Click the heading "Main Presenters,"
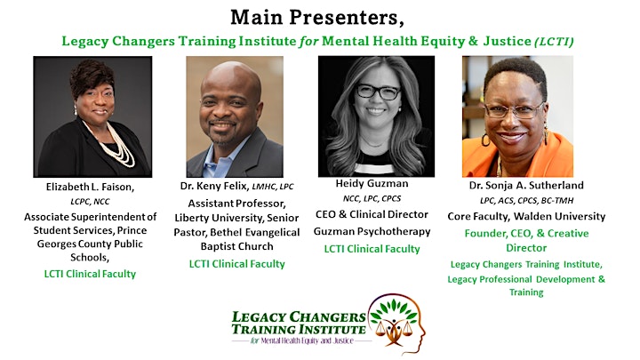pos(317,18)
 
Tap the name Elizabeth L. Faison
pos(90,187)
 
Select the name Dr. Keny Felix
pos(214,186)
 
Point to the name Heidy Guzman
pos(372,184)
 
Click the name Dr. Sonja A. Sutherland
pos(526,185)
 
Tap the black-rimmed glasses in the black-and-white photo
pos(378,92)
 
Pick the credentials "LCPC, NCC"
pos(90,202)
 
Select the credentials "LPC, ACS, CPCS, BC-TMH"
pos(526,201)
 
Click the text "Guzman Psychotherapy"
pos(372,232)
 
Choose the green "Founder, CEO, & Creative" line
pos(526,234)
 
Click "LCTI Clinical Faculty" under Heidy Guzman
pos(372,249)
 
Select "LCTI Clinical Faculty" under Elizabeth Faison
pos(90,274)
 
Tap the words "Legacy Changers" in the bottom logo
pos(299,317)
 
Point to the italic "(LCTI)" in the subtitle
pos(554,42)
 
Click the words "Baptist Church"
pos(236,246)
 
